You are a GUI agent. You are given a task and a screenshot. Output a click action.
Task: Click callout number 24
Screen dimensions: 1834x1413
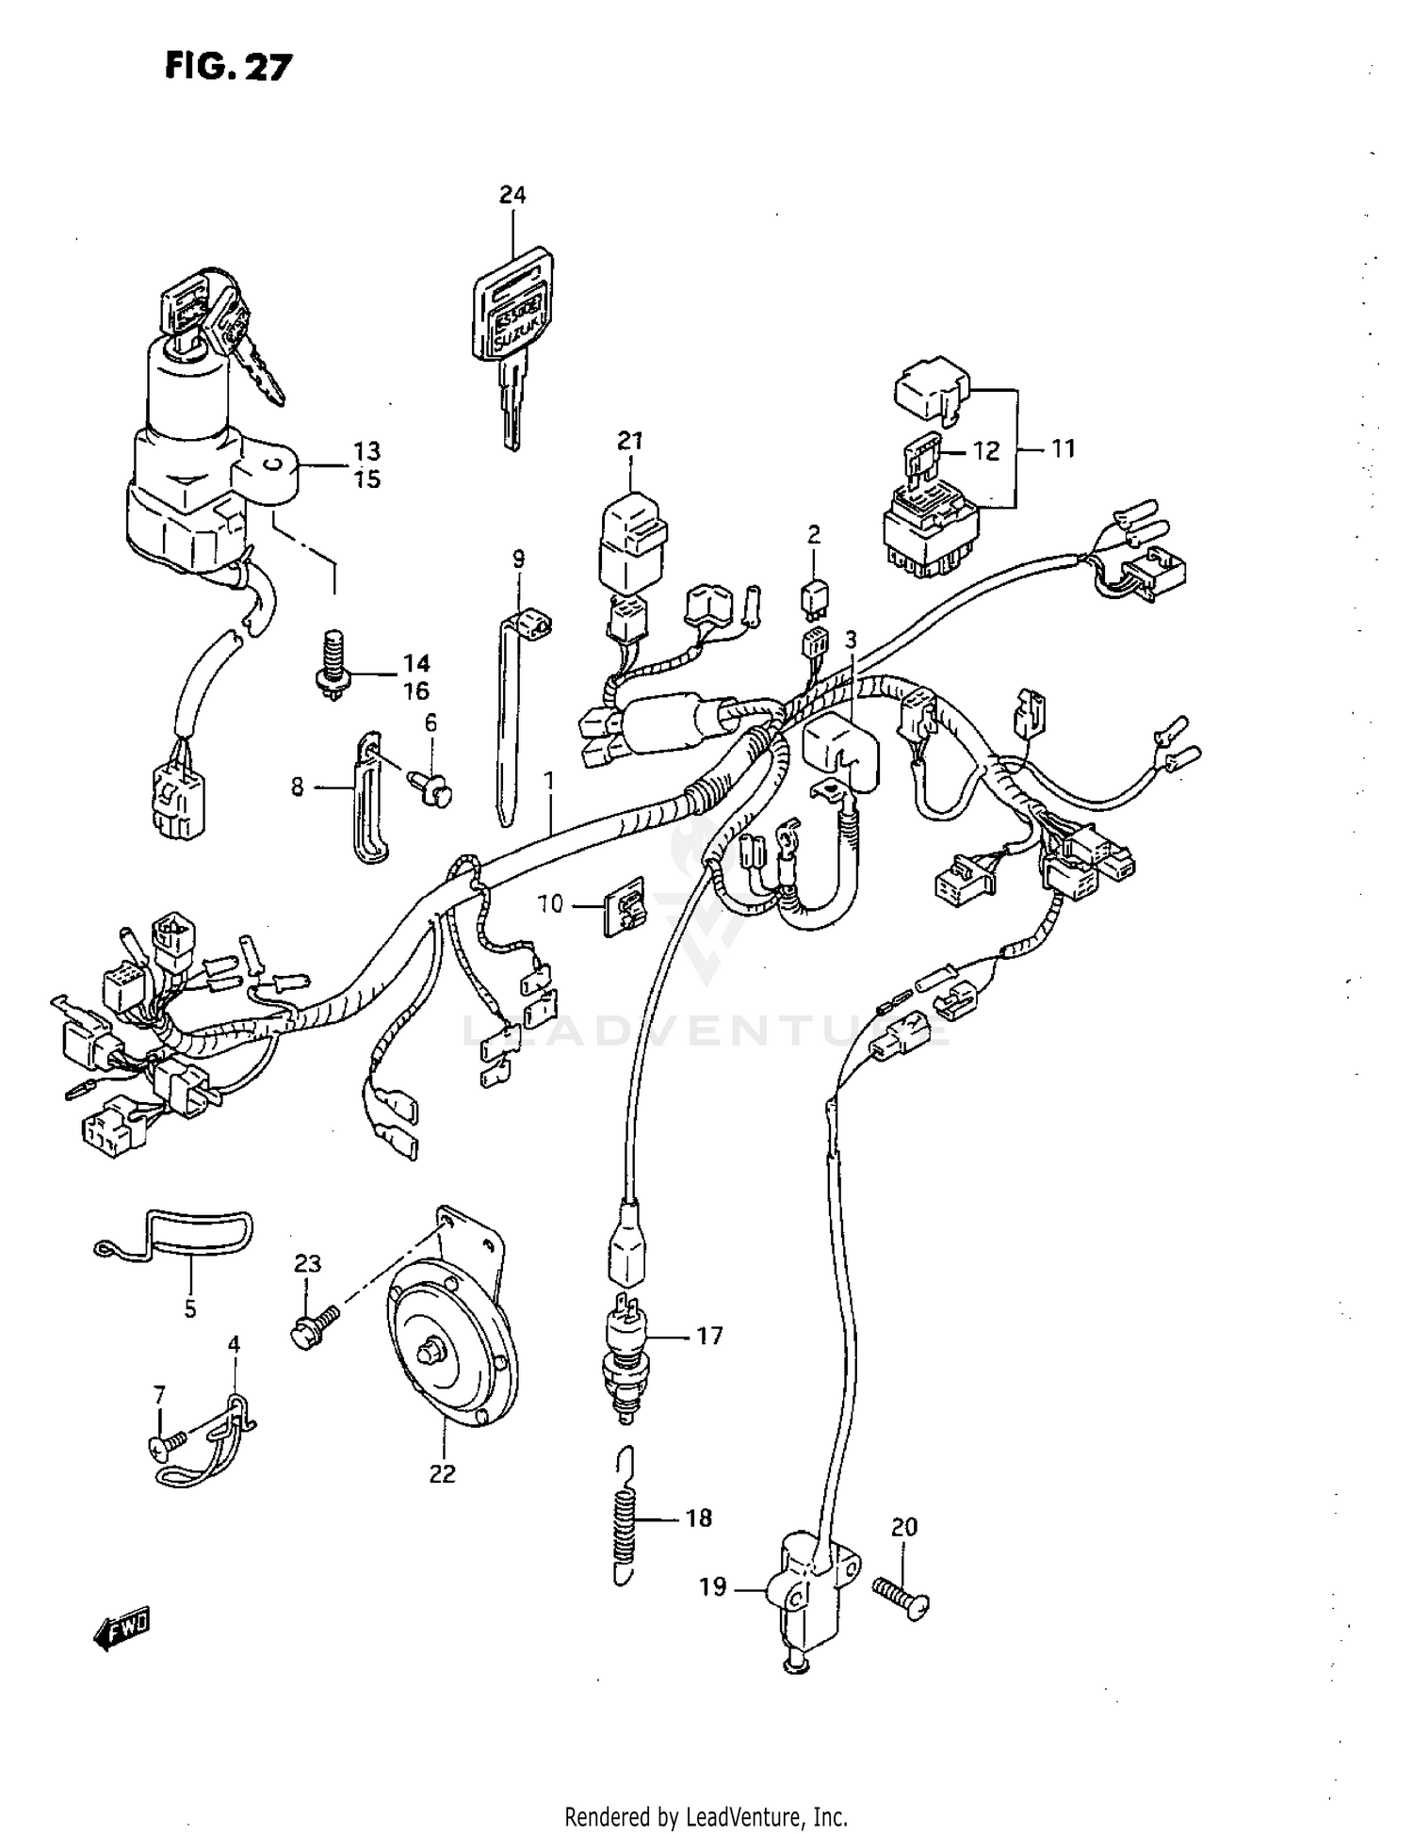point(512,195)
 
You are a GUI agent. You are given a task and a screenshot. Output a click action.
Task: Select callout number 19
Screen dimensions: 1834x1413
point(713,1587)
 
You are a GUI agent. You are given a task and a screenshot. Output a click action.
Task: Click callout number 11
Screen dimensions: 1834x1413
point(1063,448)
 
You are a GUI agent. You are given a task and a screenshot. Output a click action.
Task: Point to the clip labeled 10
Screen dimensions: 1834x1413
point(625,905)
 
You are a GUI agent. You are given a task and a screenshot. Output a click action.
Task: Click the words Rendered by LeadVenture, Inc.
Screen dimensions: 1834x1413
point(706,1817)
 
